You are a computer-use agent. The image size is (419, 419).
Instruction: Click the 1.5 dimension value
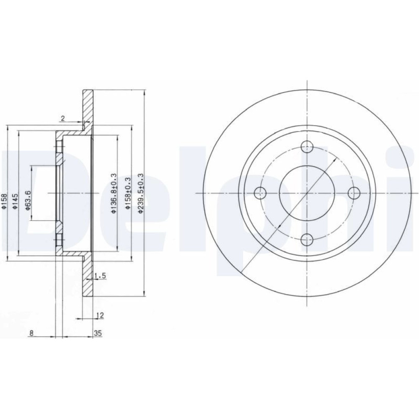click(100, 276)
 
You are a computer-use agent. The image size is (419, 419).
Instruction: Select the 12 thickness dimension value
click(100, 316)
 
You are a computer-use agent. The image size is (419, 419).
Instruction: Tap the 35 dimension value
click(98, 333)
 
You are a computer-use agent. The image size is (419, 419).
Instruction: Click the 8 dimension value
click(31, 333)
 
